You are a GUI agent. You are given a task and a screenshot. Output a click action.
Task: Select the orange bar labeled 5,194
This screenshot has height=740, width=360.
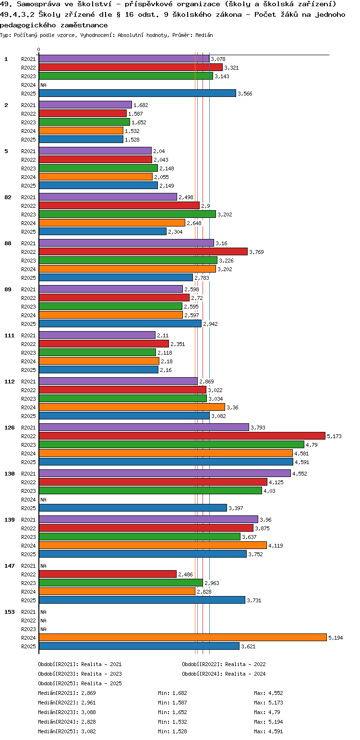tap(182, 637)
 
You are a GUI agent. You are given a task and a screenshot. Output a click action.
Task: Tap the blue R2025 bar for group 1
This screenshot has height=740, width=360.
tap(137, 93)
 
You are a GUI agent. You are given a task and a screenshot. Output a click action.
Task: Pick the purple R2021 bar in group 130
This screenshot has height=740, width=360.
tap(165, 473)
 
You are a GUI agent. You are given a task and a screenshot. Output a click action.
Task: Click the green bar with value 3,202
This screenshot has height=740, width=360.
tap(127, 214)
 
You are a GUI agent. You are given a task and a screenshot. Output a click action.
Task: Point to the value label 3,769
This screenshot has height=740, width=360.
tap(256, 252)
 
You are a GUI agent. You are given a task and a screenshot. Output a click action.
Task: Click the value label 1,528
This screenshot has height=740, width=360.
tap(132, 140)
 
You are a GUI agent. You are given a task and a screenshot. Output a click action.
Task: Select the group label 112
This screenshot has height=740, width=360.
tap(10, 382)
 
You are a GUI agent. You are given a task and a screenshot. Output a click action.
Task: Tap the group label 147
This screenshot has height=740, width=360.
tap(10, 566)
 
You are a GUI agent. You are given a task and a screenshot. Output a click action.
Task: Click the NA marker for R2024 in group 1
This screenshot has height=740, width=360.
tap(43, 85)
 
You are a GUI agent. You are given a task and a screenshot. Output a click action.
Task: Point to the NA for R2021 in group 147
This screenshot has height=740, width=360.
tap(43, 566)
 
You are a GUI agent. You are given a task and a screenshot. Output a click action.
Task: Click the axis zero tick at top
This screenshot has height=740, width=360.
tap(39, 49)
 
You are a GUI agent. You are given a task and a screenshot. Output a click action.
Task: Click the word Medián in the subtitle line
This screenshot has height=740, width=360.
tap(206, 36)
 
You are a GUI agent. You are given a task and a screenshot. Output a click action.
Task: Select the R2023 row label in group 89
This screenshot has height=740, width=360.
tap(28, 307)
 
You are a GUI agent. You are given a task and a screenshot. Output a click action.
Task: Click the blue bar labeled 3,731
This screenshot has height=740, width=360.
tap(142, 600)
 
